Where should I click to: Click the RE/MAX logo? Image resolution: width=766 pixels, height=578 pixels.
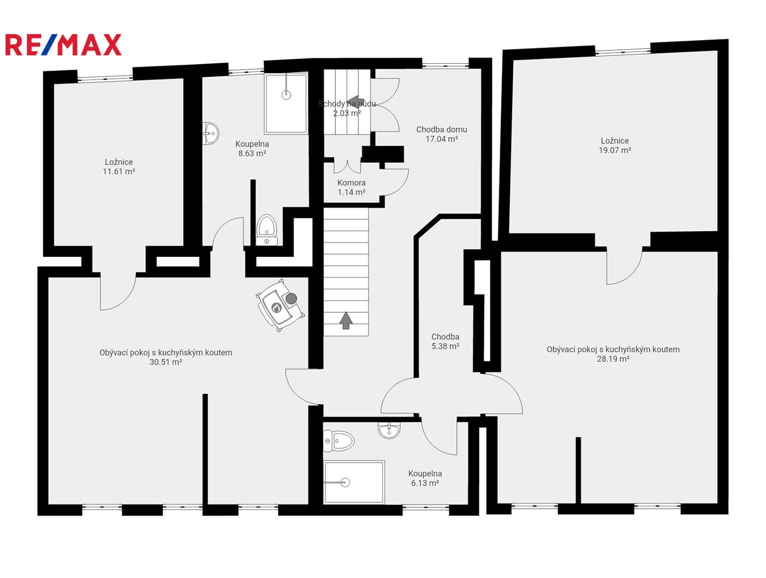[x=63, y=44]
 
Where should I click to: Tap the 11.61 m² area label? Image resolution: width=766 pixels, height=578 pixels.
[x=119, y=171]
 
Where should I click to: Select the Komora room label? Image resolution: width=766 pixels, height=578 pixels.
[x=351, y=182]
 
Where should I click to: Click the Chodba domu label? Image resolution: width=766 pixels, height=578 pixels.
[x=441, y=130]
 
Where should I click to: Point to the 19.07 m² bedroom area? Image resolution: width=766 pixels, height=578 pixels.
[x=615, y=150]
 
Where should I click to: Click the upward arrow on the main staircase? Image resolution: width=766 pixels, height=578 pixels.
[x=346, y=321]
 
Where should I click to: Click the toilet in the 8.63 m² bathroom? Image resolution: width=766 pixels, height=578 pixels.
[x=267, y=230]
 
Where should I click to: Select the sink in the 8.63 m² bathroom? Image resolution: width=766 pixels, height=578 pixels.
[x=211, y=133]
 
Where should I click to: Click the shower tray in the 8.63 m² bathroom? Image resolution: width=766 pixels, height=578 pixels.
[x=286, y=103]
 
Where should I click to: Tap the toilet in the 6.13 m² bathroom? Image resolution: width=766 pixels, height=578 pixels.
[x=338, y=441]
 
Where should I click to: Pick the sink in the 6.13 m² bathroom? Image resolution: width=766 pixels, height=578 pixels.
[x=389, y=430]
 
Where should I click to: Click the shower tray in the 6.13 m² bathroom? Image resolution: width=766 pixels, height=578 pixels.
[x=354, y=482]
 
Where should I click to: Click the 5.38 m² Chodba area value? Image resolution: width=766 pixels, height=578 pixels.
[x=445, y=346]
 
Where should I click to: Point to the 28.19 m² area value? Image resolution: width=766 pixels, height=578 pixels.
[x=613, y=359]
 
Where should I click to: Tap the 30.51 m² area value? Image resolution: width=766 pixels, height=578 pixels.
[x=166, y=362]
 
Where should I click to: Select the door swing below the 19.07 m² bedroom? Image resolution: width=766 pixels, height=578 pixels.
[x=625, y=267]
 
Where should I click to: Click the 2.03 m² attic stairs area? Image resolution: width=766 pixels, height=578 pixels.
[x=347, y=113]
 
